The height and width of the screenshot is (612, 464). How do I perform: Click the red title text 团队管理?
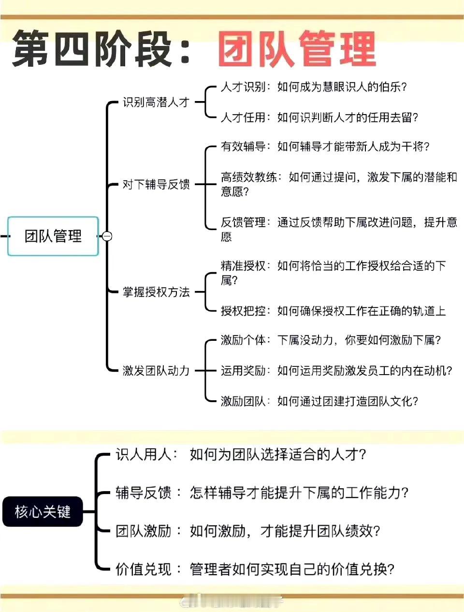297,49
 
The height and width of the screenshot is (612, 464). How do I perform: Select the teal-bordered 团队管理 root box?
53,236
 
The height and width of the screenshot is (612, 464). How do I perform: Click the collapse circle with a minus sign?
107,236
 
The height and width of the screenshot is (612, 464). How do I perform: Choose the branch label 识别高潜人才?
156,102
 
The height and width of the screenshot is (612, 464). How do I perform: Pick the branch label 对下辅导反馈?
156,184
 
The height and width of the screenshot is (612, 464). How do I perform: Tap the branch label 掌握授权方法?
156,292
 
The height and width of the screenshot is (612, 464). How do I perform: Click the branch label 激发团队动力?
156,371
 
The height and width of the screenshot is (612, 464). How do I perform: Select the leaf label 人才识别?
243,87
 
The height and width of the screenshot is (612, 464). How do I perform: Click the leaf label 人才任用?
243,117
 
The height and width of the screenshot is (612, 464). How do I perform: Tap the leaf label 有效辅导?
243,146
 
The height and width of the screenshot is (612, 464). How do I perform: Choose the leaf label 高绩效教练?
249,177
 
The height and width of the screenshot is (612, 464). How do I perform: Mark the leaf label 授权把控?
243,311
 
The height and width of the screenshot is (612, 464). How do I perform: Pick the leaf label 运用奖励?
243,371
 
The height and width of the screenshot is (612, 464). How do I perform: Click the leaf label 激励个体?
243,340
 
